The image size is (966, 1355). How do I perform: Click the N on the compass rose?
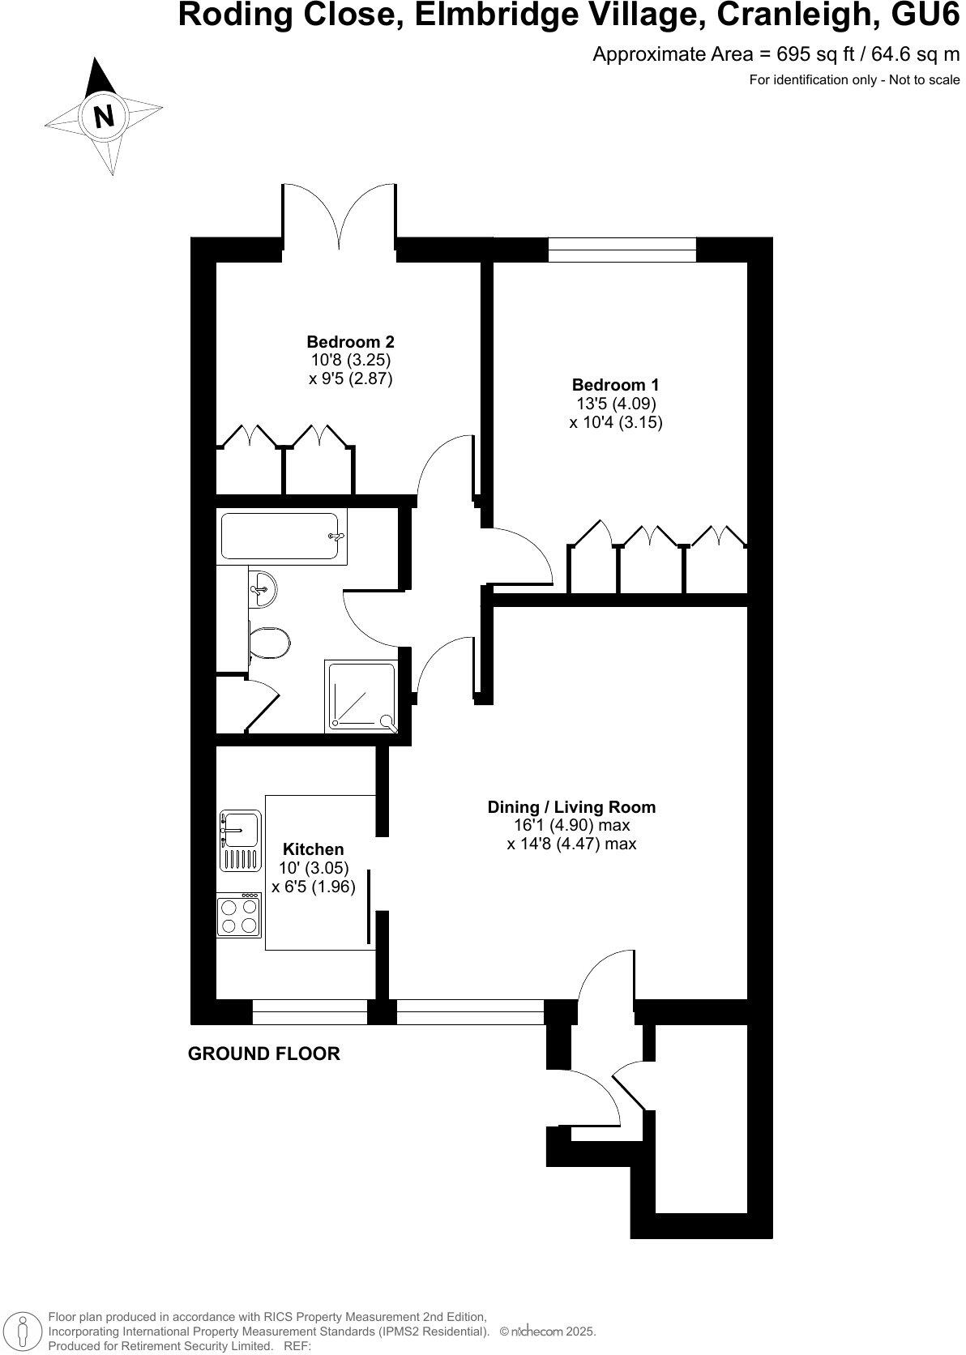pyautogui.click(x=104, y=117)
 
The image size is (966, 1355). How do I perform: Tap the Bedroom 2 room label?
pyautogui.click(x=350, y=342)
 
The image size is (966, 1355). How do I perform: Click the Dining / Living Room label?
pyautogui.click(x=571, y=807)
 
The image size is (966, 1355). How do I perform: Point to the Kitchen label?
pyautogui.click(x=313, y=849)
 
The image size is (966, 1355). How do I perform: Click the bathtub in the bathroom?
pyautogui.click(x=280, y=536)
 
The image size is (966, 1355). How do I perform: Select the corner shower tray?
pyautogui.click(x=361, y=697)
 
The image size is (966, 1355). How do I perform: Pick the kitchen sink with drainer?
pyautogui.click(x=239, y=840)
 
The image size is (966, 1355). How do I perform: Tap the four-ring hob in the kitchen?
pyautogui.click(x=239, y=915)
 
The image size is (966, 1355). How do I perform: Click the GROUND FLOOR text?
pyautogui.click(x=263, y=1054)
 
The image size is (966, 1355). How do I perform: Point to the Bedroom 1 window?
pyautogui.click(x=622, y=250)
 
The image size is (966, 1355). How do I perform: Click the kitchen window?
pyautogui.click(x=310, y=1012)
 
